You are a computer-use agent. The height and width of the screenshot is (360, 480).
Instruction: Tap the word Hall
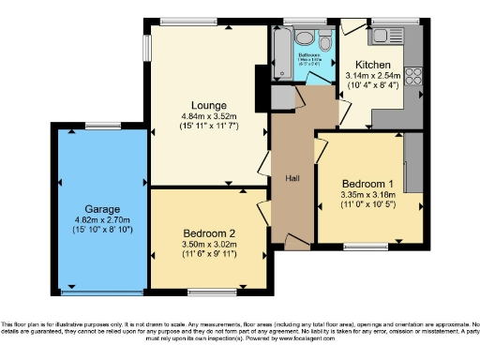[292, 177]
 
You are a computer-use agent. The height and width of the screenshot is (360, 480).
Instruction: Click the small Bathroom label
[310, 55]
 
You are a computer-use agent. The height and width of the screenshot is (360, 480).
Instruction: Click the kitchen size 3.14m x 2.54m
[372, 75]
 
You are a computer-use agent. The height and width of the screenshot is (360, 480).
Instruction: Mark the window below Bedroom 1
[367, 247]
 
